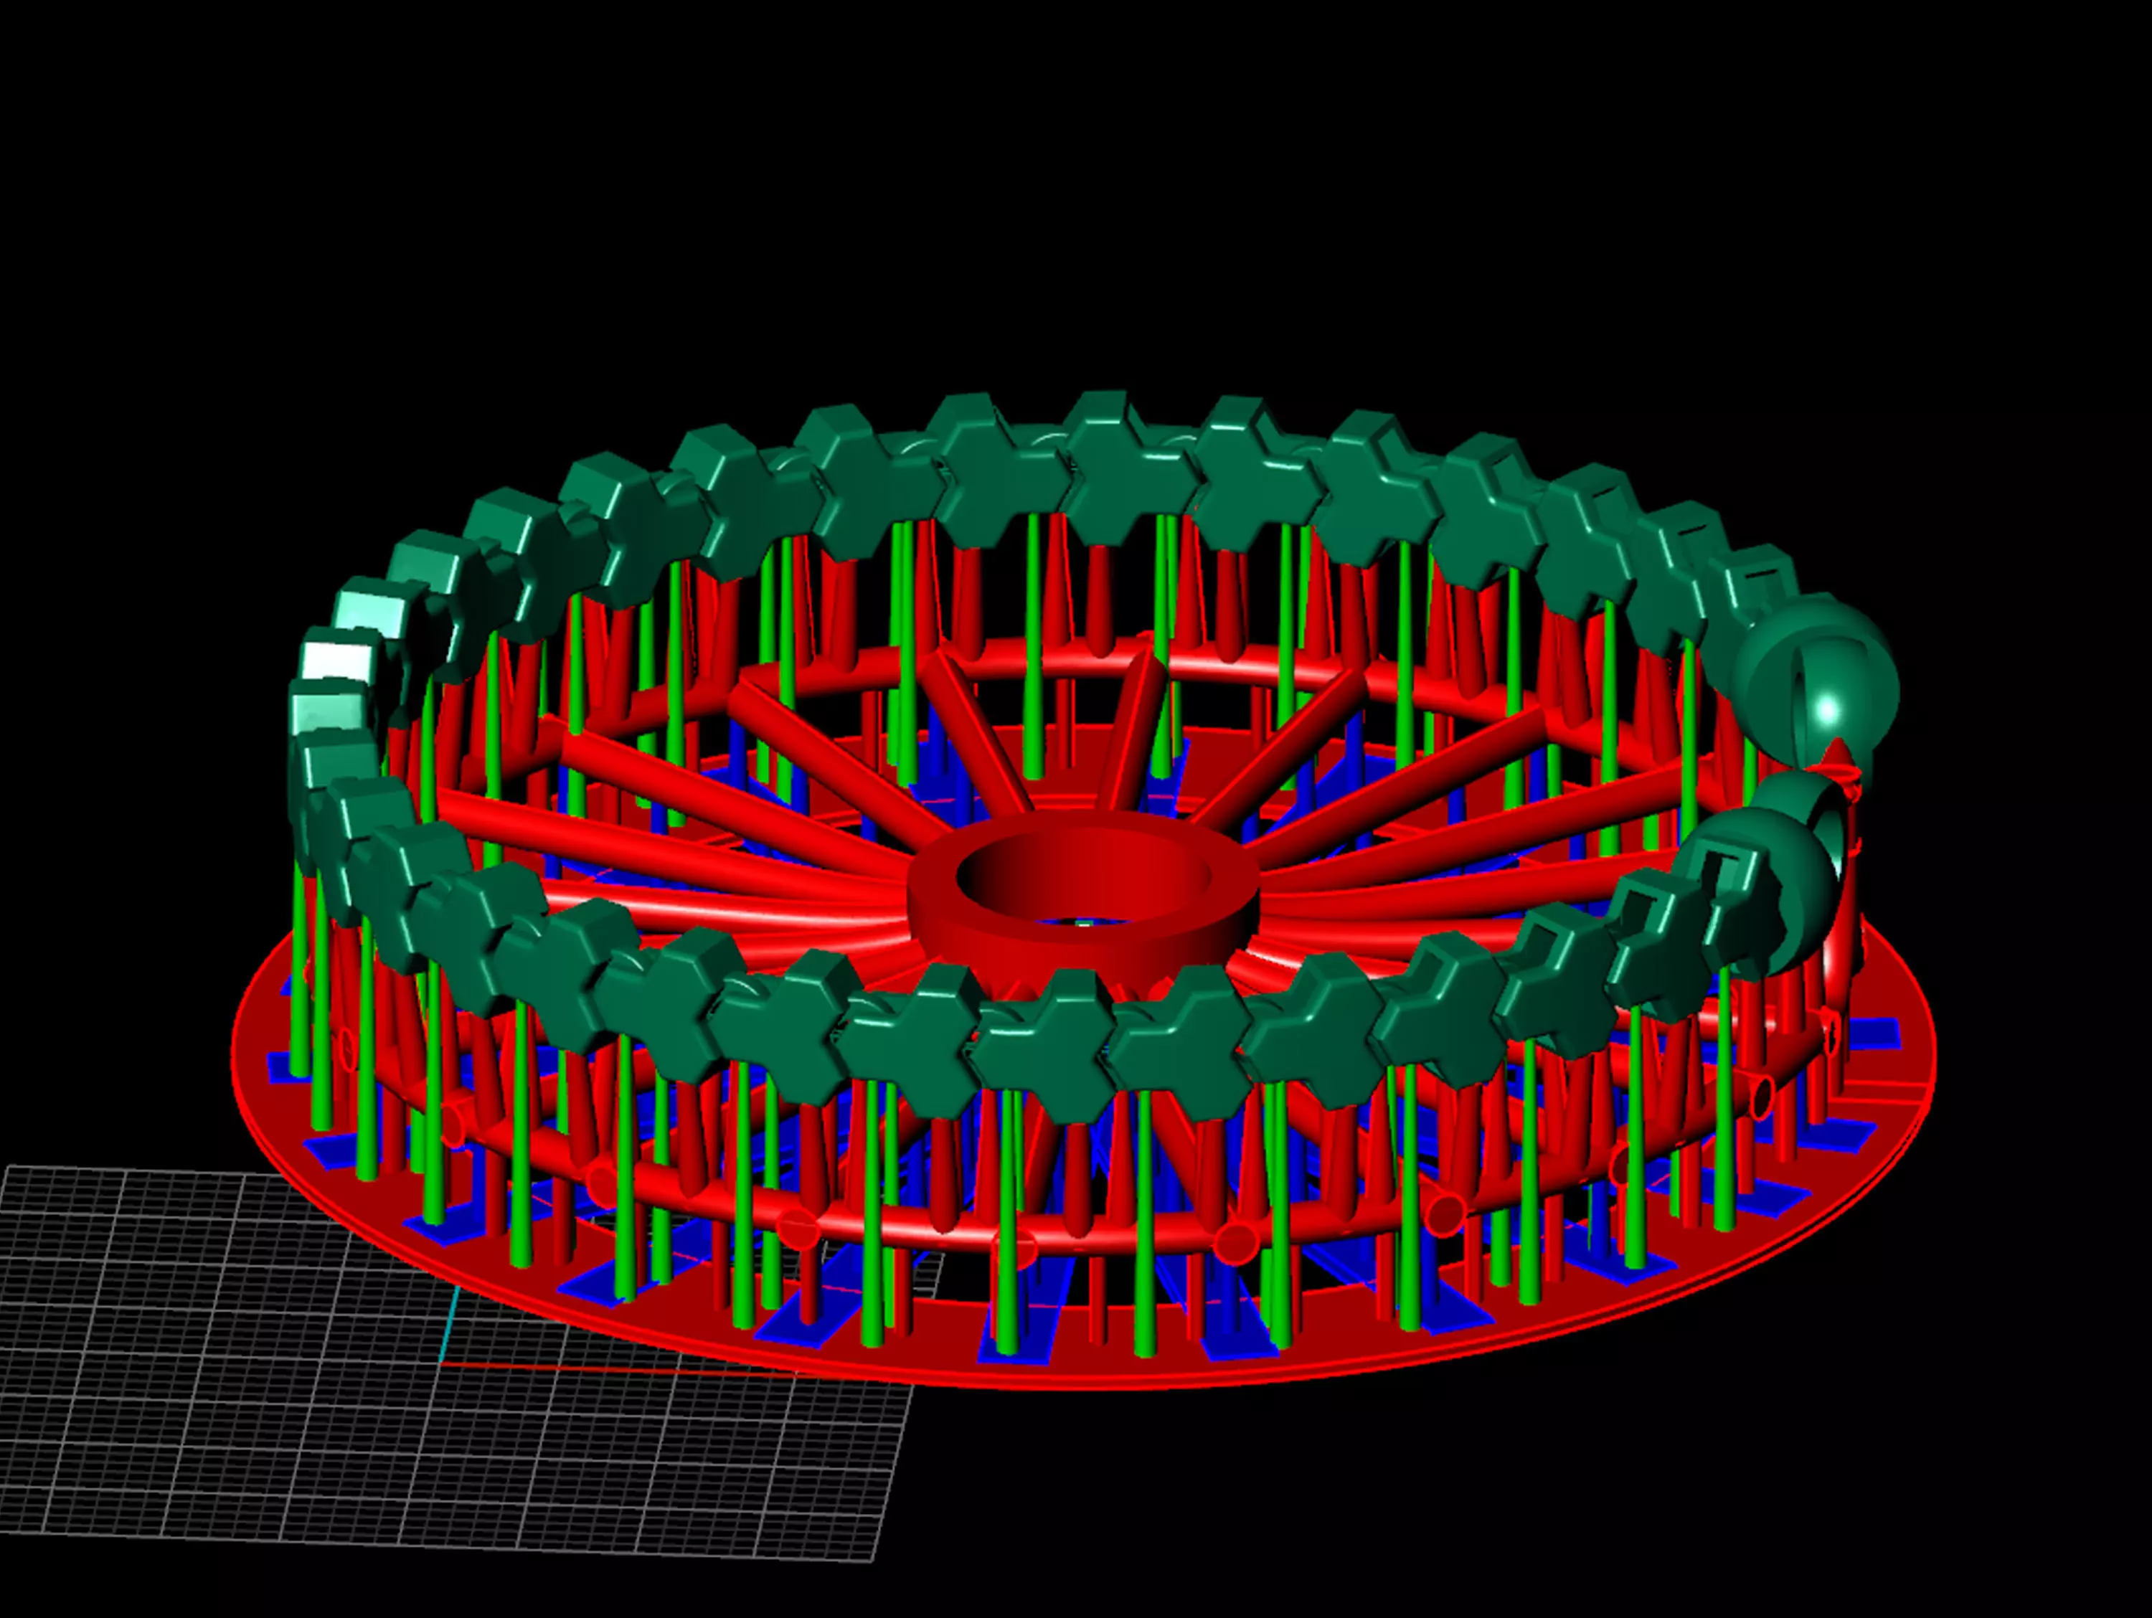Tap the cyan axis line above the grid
click(x=450, y=1323)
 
